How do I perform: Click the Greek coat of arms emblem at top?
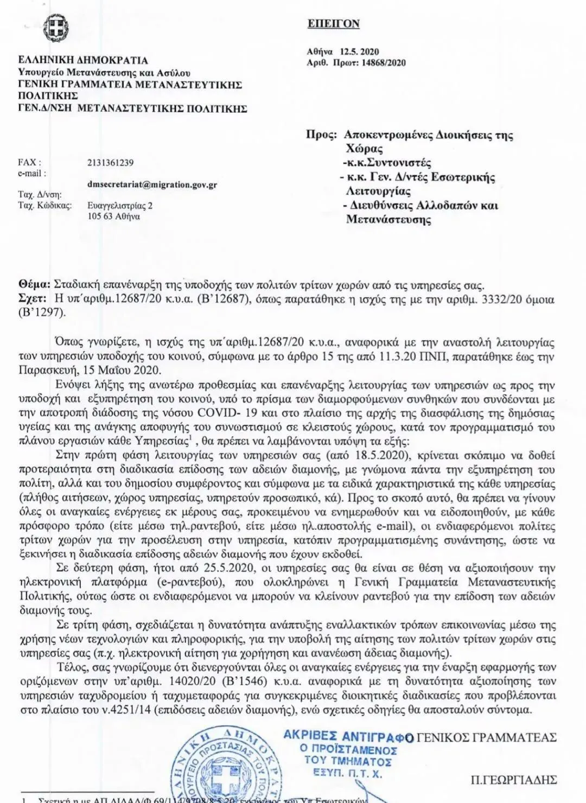pyautogui.click(x=54, y=28)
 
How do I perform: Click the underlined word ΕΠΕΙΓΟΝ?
pyautogui.click(x=333, y=24)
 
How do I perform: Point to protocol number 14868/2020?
pyautogui.click(x=382, y=63)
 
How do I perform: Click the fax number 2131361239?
pyautogui.click(x=110, y=163)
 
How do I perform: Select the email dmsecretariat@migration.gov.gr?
pyautogui.click(x=152, y=184)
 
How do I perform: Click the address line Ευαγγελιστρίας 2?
pyautogui.click(x=120, y=206)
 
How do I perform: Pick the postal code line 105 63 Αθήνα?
pyautogui.click(x=113, y=216)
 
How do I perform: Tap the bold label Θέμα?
pyautogui.click(x=34, y=285)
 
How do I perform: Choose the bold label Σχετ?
pyautogui.click(x=33, y=299)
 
